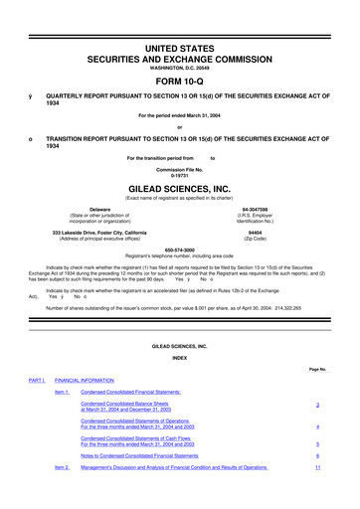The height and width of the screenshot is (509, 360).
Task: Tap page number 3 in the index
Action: (x=315, y=409)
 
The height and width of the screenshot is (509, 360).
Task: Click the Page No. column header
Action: (x=317, y=369)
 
